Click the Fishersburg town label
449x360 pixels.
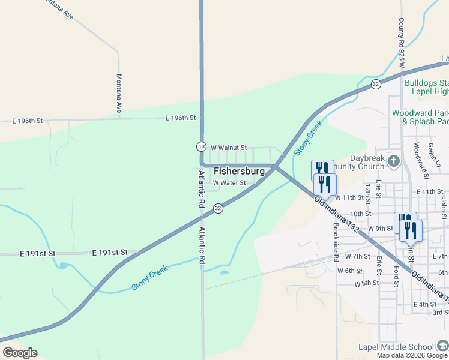point(239,171)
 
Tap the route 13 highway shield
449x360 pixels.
point(201,146)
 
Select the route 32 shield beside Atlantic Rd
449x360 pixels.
point(218,208)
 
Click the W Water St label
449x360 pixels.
point(229,183)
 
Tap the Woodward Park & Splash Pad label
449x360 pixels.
point(420,117)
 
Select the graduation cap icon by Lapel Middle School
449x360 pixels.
point(442,346)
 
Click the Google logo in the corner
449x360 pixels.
point(20,353)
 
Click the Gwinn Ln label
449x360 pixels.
point(438,155)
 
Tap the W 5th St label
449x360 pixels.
point(367,283)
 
